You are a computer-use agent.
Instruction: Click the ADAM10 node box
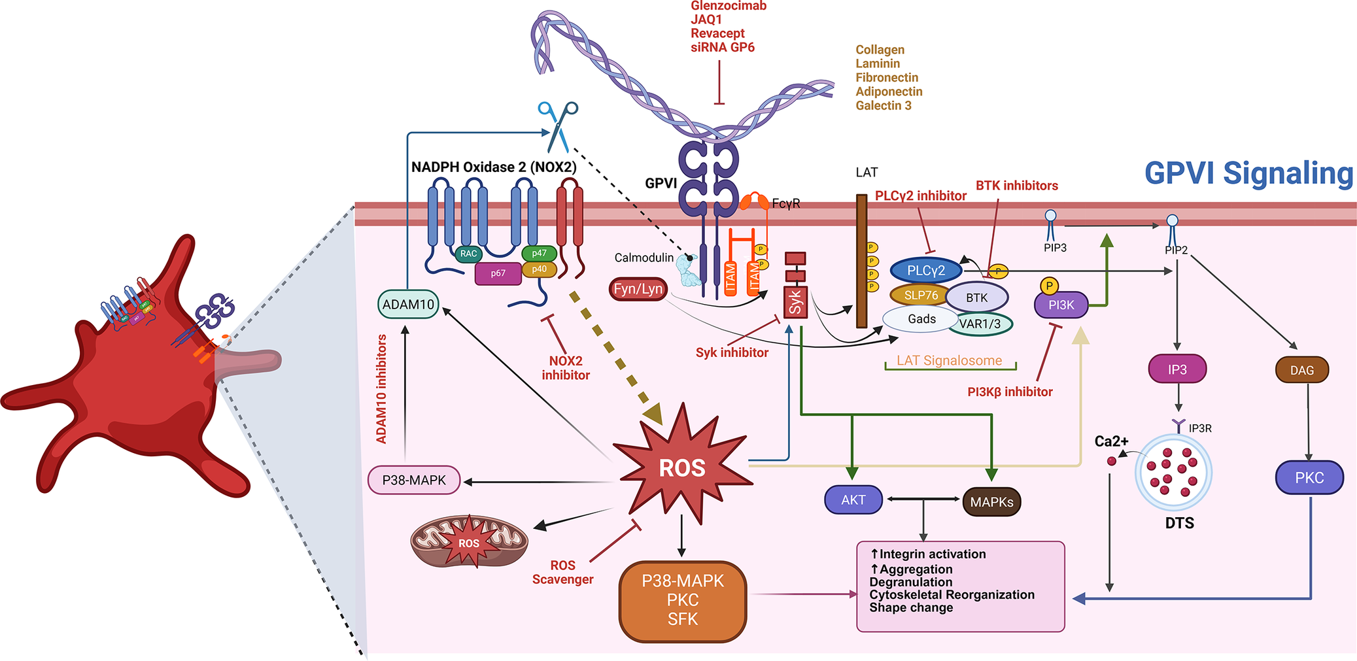click(409, 304)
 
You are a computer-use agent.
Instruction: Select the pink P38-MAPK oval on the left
click(414, 480)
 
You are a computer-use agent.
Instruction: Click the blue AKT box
click(853, 500)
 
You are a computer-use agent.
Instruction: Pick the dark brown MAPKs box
click(991, 502)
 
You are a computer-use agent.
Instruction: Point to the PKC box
click(1309, 477)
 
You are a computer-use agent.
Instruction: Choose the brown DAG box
click(1302, 370)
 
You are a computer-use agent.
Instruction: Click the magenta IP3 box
click(1177, 369)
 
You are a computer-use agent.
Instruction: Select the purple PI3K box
click(1061, 305)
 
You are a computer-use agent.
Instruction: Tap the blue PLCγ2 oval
click(926, 271)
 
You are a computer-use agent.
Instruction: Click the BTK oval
click(977, 297)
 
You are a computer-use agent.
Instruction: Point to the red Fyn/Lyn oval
click(638, 289)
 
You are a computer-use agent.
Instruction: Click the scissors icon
click(558, 126)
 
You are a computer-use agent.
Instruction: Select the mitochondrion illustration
click(469, 541)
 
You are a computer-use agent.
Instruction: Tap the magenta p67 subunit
click(498, 273)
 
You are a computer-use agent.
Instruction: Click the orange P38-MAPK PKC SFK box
click(683, 601)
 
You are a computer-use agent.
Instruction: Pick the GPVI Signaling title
click(1249, 173)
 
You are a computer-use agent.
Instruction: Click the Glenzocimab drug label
click(729, 6)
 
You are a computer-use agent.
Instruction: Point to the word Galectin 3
click(884, 106)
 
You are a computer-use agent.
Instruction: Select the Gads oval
click(921, 319)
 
